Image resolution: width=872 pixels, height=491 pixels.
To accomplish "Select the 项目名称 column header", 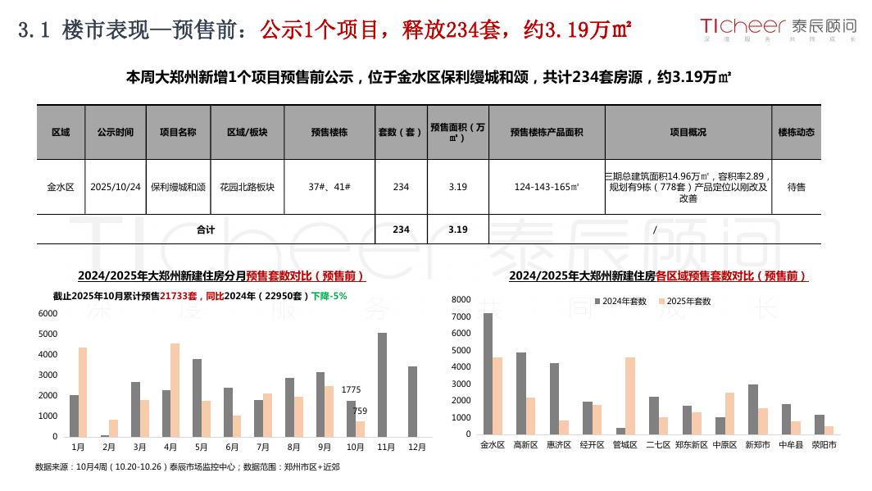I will (178, 132).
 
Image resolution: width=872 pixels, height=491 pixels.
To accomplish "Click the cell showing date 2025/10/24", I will (116, 187).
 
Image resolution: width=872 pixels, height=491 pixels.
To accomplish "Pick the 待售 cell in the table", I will (796, 187).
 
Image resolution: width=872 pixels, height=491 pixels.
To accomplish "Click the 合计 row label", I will (205, 230).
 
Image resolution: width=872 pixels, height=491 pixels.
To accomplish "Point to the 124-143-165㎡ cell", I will (547, 187).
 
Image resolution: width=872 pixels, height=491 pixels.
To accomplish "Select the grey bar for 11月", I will (382, 384).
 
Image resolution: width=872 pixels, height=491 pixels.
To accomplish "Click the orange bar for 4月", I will (175, 389).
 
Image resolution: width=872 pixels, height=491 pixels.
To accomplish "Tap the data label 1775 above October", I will (352, 389).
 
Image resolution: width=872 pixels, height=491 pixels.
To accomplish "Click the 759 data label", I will (360, 411).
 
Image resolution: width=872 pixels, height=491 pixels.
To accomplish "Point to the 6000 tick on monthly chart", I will (48, 314).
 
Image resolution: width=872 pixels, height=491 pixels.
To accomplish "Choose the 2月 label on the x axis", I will (109, 447).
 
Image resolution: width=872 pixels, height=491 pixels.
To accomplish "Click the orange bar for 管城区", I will (629, 395).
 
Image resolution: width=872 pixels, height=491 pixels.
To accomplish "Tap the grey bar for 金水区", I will (488, 373).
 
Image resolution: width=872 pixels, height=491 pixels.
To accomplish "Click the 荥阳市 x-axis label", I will (824, 445).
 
